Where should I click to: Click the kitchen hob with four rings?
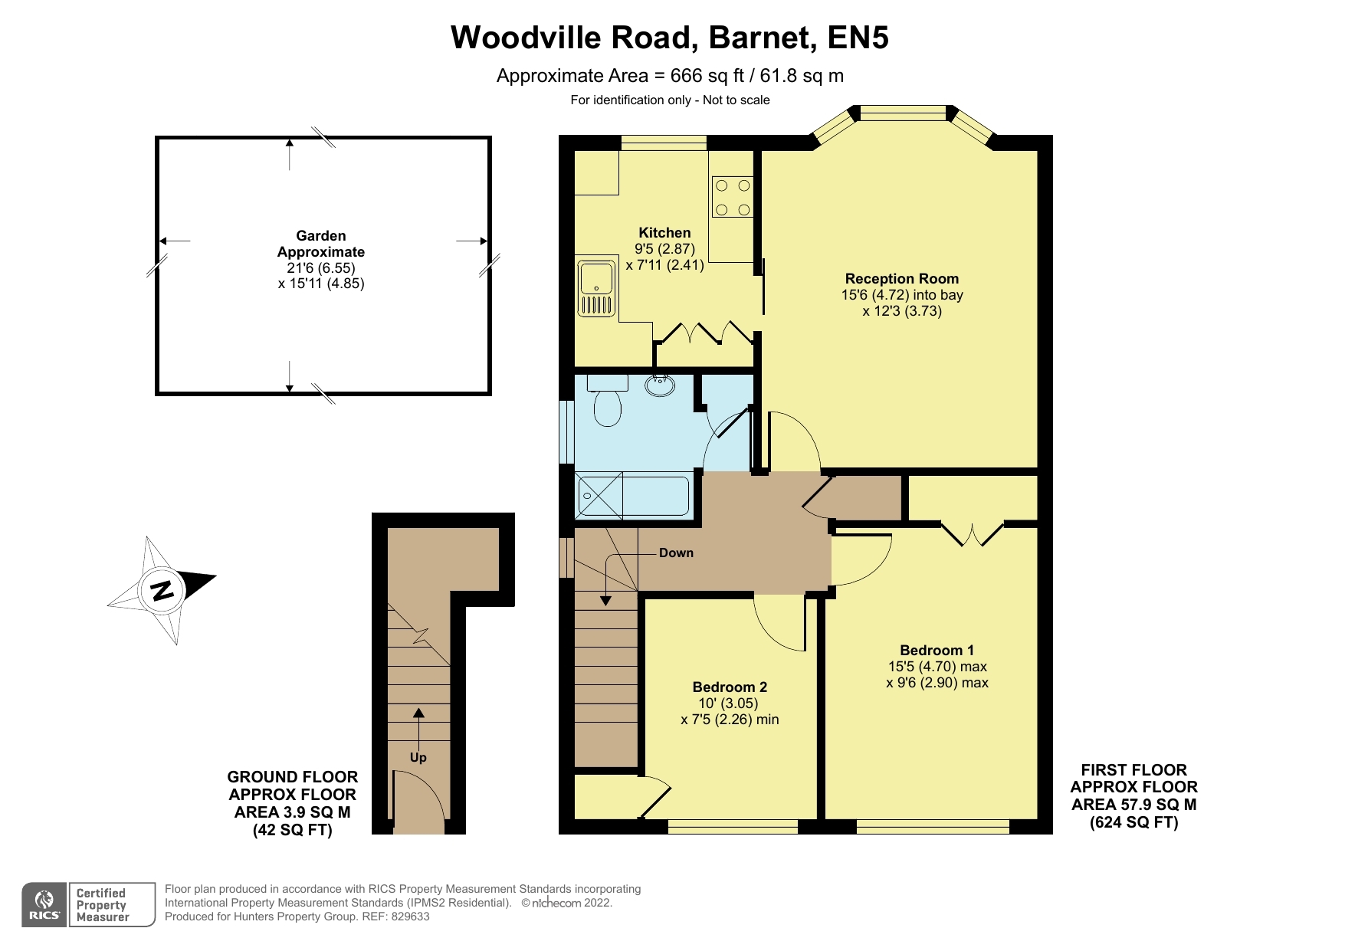[732, 197]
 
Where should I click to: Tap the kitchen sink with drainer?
[597, 289]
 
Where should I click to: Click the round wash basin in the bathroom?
[660, 385]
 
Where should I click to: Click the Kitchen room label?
[664, 233]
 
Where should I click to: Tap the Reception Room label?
[902, 279]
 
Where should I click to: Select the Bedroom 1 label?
[937, 650]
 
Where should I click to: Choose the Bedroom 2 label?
[730, 687]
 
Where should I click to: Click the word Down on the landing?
[676, 553]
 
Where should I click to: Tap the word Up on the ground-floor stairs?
[418, 757]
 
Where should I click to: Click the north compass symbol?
[162, 591]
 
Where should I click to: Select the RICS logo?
[44, 904]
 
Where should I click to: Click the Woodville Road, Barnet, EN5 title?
[670, 38]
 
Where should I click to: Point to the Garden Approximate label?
[321, 244]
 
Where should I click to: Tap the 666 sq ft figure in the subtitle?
[707, 76]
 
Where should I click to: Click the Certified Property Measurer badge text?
[103, 905]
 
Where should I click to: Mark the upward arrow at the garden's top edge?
[289, 154]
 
